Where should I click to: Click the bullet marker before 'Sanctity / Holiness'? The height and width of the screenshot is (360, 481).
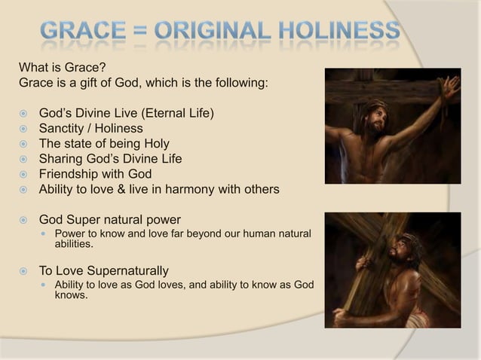25,129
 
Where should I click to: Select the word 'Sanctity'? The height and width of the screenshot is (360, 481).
63,129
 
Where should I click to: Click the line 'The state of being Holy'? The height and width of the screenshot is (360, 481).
104,144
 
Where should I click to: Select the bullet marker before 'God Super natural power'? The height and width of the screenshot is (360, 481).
25,220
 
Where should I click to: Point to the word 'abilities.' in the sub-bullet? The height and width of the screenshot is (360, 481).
74,244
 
